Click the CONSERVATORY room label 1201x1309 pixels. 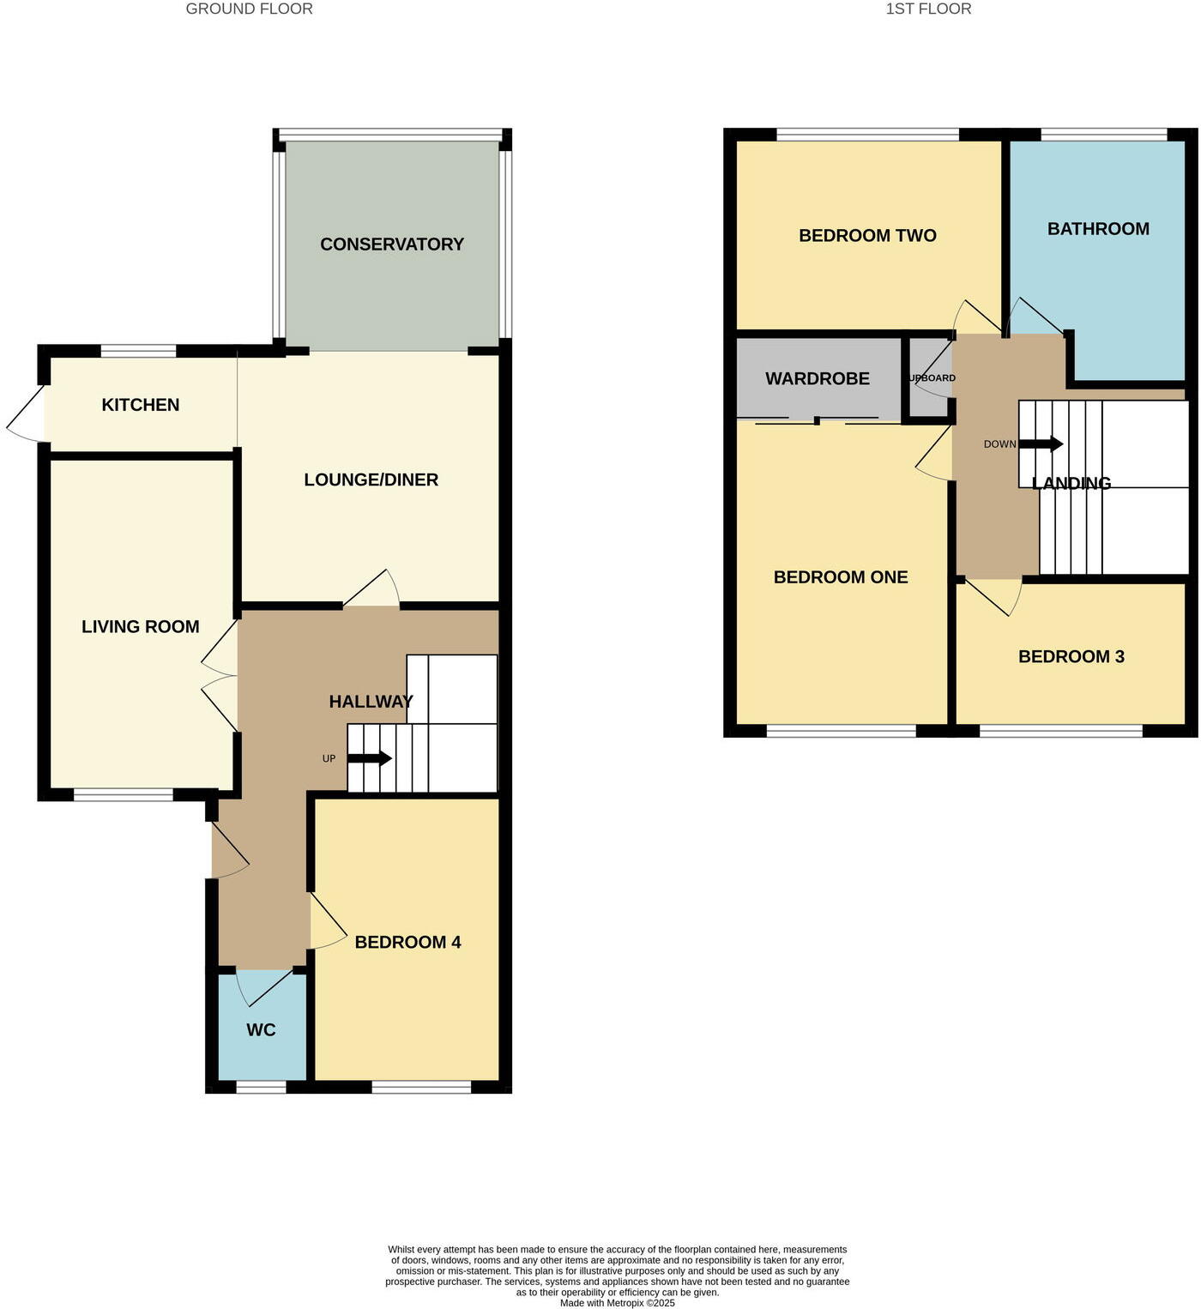[x=392, y=244]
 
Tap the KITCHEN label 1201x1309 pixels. [x=141, y=405]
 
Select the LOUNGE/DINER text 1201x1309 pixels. [x=371, y=480]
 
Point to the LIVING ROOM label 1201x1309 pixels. [x=141, y=627]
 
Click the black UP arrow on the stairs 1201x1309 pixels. [x=370, y=758]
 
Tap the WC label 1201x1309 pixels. [x=261, y=1029]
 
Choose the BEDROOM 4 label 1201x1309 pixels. [x=407, y=942]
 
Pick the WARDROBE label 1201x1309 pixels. [x=818, y=378]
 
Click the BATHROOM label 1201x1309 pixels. [x=1098, y=229]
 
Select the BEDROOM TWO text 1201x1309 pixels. [x=867, y=236]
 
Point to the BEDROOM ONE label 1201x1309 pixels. [x=841, y=577]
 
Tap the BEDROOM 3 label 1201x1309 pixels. [x=1071, y=657]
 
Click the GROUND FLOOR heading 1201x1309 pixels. [x=250, y=9]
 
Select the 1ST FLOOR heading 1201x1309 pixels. [x=928, y=9]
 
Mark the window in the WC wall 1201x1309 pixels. [x=261, y=1087]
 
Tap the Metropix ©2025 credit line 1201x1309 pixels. [x=618, y=1303]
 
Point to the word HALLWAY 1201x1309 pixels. [x=371, y=702]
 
